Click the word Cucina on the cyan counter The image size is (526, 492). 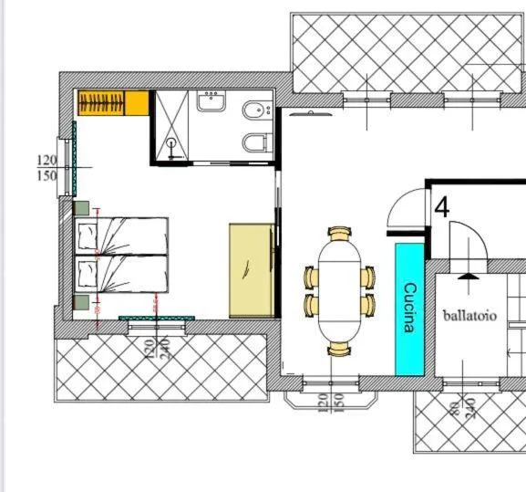[409, 308]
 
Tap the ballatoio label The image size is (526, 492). [469, 316]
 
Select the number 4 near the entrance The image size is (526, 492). [442, 207]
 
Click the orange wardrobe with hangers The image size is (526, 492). [113, 103]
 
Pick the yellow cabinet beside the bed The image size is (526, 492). [252, 270]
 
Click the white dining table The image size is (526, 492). [339, 289]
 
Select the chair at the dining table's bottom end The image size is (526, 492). [339, 348]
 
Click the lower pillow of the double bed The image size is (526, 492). [87, 274]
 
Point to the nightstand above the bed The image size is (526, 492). [80, 206]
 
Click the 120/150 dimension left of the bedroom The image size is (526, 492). [46, 168]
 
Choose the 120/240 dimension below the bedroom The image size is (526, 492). [158, 350]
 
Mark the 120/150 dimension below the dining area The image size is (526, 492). [330, 403]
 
